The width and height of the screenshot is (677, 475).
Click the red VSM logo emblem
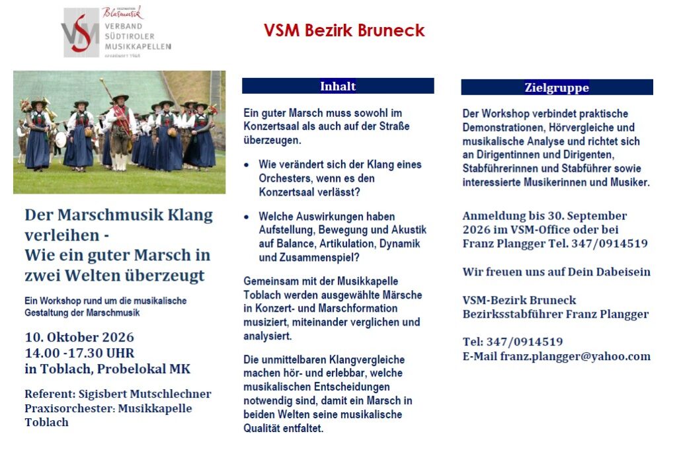(x=81, y=33)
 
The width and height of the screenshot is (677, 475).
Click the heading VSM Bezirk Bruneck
(x=344, y=30)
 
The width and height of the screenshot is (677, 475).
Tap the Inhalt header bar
(x=338, y=86)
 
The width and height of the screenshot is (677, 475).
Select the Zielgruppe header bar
(x=557, y=87)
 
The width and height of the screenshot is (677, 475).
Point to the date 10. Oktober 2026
(x=79, y=337)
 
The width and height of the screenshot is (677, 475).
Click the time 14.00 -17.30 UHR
(x=80, y=353)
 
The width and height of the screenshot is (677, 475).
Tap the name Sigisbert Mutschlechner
(x=145, y=394)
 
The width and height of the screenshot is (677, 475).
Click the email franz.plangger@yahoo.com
(x=575, y=356)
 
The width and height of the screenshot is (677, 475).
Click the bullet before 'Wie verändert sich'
(x=247, y=164)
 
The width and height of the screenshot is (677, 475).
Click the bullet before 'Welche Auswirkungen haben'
(x=247, y=217)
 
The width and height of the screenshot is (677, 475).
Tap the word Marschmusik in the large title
(x=110, y=215)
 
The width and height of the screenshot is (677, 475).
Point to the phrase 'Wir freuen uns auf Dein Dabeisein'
(x=557, y=272)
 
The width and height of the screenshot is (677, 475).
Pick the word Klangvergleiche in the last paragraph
(x=367, y=359)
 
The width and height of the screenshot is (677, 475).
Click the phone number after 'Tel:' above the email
(x=524, y=342)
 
